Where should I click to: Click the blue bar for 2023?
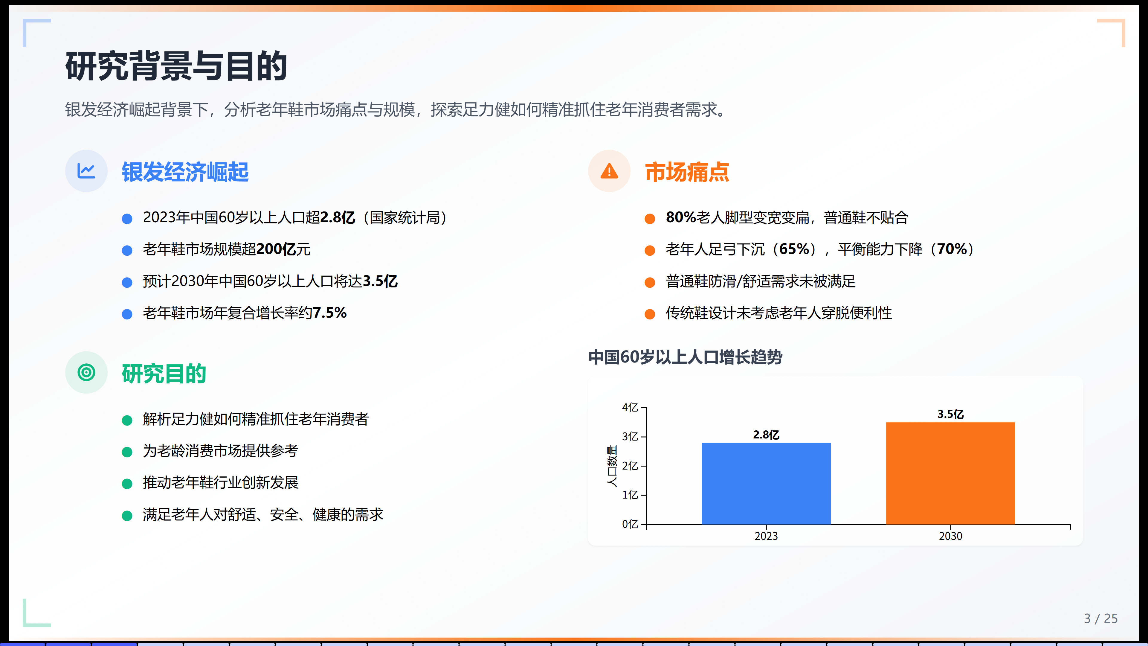(766, 483)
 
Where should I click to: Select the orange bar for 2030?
(951, 473)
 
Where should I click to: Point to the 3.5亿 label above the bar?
(951, 414)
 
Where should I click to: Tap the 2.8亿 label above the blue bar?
(766, 435)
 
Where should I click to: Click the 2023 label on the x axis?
(766, 536)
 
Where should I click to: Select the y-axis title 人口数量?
(612, 466)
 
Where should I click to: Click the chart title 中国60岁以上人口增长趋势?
(685, 357)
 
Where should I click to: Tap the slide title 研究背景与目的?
(176, 66)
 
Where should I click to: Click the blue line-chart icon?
(86, 171)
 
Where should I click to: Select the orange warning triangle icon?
(609, 171)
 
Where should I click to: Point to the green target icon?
(86, 372)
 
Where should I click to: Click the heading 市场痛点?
(687, 172)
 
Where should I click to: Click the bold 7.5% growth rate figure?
(329, 313)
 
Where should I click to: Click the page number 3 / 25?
(1101, 618)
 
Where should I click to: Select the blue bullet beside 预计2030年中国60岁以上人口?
(127, 282)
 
